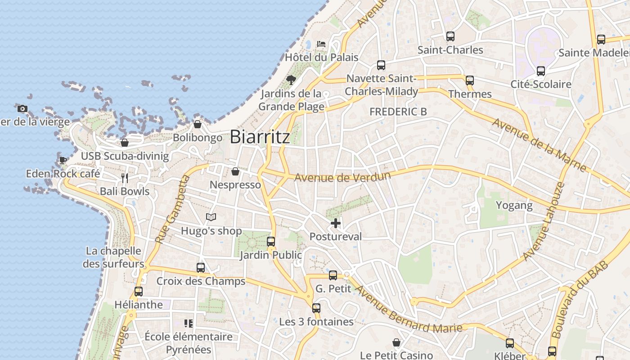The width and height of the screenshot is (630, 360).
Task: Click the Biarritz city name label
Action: pos(260,137)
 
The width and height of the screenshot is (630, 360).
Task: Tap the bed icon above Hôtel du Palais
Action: pos(321,44)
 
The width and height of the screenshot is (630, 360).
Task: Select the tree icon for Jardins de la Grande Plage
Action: pos(291,80)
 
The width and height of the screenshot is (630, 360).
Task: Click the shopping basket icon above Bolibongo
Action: pos(197,124)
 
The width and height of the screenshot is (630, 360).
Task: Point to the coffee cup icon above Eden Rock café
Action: pos(63,160)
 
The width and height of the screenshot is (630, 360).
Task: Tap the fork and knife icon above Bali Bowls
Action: pos(125,178)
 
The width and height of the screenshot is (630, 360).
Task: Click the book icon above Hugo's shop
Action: pos(211,217)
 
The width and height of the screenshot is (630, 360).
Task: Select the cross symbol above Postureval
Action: pos(335,223)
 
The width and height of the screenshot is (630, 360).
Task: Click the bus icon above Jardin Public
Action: pos(271,242)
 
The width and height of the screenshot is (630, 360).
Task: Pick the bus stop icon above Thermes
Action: pos(470,81)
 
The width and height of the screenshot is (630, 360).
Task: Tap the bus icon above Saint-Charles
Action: pos(450,36)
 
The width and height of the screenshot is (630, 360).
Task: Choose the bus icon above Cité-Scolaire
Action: pos(541,71)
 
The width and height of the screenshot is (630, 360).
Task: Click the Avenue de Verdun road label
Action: pos(342,176)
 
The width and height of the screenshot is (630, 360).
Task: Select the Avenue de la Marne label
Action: pos(539,144)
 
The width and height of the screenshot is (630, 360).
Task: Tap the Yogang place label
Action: pos(514,206)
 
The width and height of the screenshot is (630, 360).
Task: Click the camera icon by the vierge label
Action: pos(22,108)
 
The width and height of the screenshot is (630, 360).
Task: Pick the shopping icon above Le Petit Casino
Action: pos(396,343)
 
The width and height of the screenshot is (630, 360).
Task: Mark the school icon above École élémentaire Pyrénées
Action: pos(189,323)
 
